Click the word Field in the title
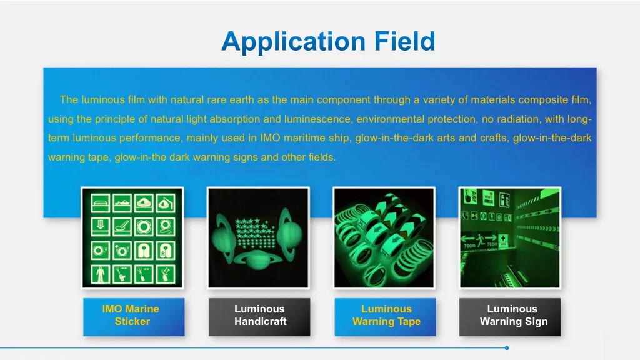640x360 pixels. pos(405,41)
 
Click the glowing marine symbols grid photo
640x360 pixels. pos(132,238)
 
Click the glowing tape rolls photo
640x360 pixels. pos(384,238)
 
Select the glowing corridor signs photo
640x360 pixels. pos(510,238)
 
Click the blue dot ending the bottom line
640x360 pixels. pos(506,348)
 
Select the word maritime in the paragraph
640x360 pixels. pos(304,138)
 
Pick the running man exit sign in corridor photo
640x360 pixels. pos(481,240)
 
